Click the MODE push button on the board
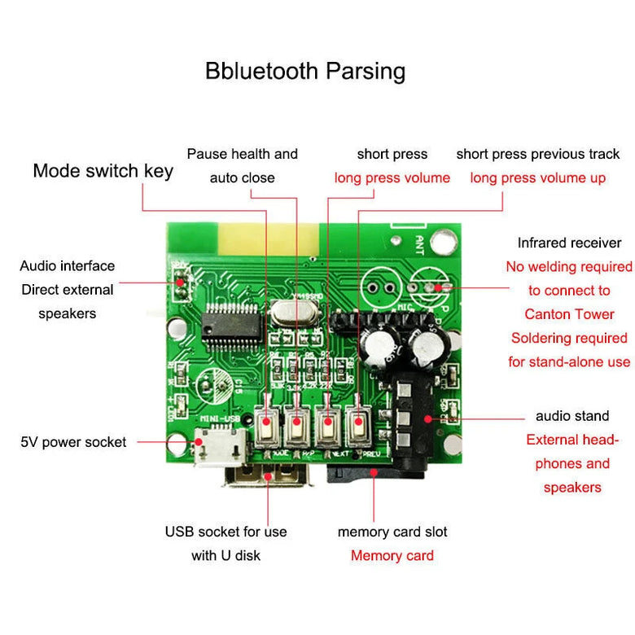pos(266,425)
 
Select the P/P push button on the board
pos(297,425)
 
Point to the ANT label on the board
pos(419,243)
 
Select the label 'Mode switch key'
pos(103,171)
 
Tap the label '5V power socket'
pos(73,442)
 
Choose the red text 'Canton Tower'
pos(569,314)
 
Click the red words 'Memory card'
pos(392,556)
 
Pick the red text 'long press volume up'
pos(537,177)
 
